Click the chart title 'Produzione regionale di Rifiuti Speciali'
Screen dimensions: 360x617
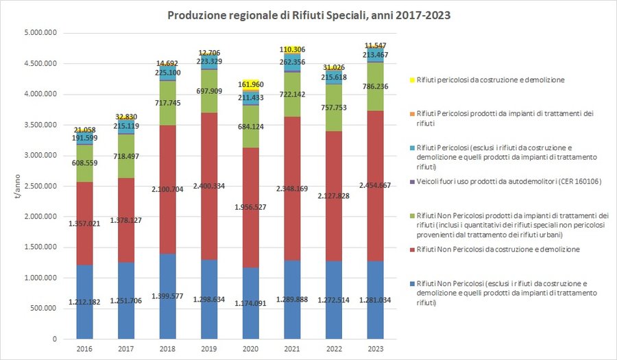[309, 14]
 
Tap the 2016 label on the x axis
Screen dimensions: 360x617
[84, 348]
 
